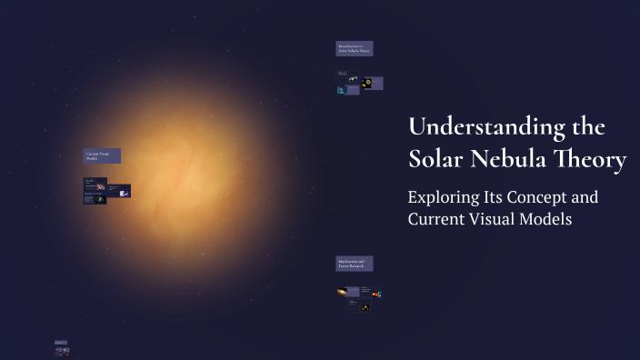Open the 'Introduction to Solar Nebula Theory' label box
pos(355,48)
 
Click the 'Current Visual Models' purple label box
pos(102,156)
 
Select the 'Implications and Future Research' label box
pos(355,264)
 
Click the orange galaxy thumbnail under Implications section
pos(341,293)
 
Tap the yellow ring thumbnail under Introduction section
pos(367,84)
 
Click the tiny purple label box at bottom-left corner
pos(60,343)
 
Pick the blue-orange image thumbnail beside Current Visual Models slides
pos(124,193)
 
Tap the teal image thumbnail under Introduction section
pos(341,90)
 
